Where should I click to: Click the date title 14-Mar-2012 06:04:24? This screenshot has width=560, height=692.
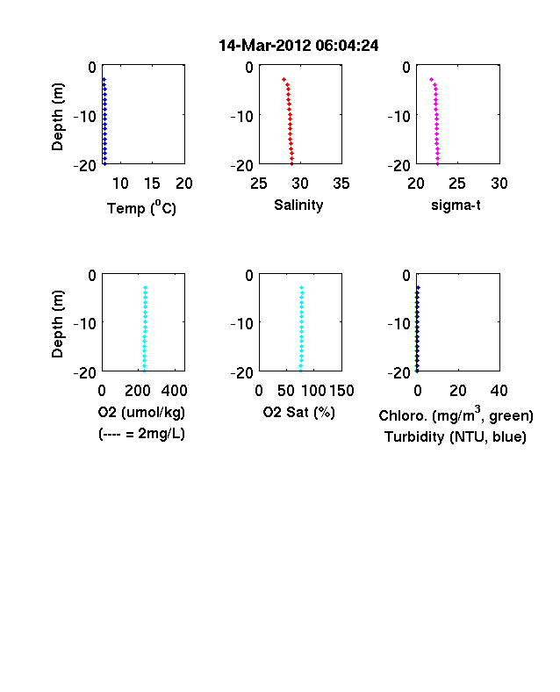click(298, 46)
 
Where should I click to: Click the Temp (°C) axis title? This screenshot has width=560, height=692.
click(141, 208)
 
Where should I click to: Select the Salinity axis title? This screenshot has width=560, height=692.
click(298, 205)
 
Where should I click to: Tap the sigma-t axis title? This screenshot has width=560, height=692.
click(456, 205)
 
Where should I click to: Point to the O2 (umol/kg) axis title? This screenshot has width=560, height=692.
click(141, 412)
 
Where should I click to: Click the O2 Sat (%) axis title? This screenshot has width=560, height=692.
click(299, 412)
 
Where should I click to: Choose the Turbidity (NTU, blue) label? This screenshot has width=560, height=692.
click(456, 437)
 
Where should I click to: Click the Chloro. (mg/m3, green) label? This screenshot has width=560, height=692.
click(456, 414)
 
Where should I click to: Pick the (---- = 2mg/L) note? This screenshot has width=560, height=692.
click(141, 434)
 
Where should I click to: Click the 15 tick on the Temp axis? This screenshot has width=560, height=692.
click(152, 184)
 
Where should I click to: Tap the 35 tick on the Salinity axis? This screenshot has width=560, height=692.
click(341, 184)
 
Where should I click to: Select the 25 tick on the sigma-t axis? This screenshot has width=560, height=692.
click(457, 184)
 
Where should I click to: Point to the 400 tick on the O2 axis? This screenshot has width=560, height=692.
click(174, 391)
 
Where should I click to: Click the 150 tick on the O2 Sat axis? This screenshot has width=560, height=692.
click(341, 391)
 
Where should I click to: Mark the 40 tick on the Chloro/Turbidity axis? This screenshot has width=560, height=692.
click(499, 391)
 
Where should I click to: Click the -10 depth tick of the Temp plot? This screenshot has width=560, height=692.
click(84, 117)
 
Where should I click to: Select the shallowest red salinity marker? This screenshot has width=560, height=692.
click(284, 79)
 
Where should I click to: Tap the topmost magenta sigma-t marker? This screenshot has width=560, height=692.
click(431, 79)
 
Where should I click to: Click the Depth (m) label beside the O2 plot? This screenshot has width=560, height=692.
click(57, 323)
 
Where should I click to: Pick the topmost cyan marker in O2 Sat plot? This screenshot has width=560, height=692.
click(302, 288)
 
